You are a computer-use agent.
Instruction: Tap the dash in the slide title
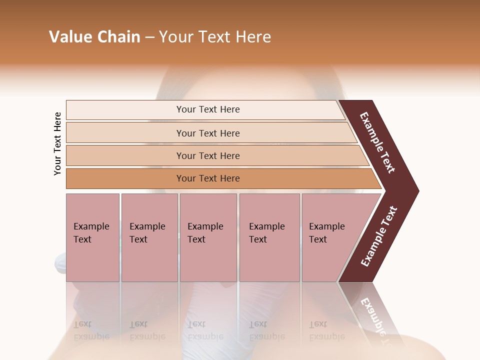point(149,37)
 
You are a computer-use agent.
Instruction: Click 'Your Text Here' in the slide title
point(215,37)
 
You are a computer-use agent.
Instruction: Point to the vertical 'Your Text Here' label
point(57,144)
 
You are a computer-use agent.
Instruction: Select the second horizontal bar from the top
point(208,133)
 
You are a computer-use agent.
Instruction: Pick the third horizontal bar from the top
point(208,155)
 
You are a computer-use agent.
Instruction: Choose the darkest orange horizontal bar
point(208,178)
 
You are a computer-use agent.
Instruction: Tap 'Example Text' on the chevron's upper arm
point(377,142)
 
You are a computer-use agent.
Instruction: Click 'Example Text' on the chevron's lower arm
point(379,236)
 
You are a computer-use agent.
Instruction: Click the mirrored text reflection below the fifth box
point(326,330)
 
